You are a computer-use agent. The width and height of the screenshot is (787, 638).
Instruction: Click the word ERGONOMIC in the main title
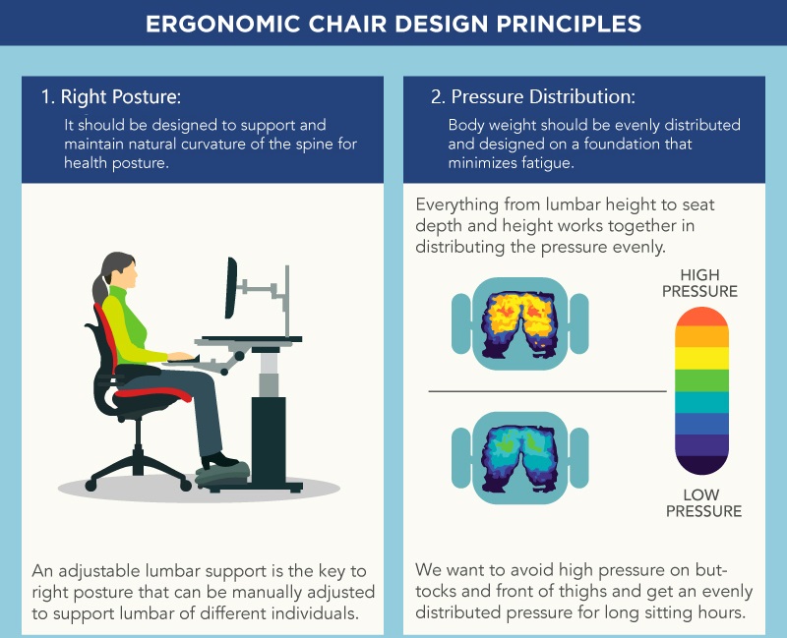tap(223, 24)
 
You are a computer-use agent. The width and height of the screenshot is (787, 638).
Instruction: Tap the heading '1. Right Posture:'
tap(111, 96)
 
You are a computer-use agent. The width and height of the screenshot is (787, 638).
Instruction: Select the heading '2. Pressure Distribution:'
tap(533, 96)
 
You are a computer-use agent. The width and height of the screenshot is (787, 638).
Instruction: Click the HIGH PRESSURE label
tap(699, 283)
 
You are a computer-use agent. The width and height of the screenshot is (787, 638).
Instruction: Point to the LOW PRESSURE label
tap(703, 502)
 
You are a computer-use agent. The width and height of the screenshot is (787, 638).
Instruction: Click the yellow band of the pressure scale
tap(701, 358)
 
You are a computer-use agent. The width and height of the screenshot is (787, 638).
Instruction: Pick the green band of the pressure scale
tap(701, 380)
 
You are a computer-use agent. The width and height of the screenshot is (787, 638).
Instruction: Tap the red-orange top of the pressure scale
tap(701, 317)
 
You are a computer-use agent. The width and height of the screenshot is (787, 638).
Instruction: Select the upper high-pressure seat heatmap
tap(520, 323)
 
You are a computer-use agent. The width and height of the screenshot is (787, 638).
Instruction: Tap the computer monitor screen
tap(231, 288)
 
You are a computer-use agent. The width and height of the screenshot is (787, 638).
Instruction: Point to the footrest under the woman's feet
tap(222, 473)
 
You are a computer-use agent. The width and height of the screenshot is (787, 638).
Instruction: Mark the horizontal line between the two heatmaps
tap(547, 390)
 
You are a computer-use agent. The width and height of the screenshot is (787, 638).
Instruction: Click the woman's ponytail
tap(100, 287)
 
